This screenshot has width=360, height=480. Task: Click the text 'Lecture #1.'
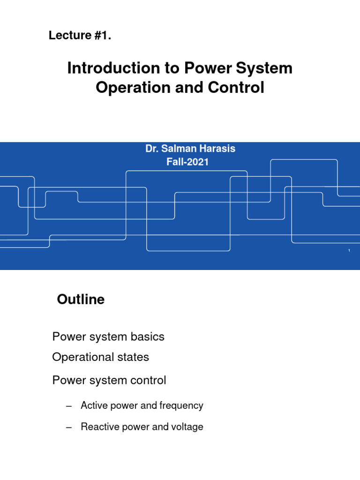pyautogui.click(x=80, y=36)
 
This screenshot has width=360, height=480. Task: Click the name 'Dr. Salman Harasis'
pyautogui.click(x=190, y=149)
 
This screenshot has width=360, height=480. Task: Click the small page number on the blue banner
pyautogui.click(x=349, y=251)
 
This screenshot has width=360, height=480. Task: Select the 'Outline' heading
pyautogui.click(x=81, y=300)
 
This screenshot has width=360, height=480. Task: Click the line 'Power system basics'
pyautogui.click(x=108, y=337)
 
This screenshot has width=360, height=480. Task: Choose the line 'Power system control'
pyautogui.click(x=109, y=380)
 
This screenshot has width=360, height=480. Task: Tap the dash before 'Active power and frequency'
pyautogui.click(x=69, y=406)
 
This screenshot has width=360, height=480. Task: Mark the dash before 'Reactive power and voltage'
pyautogui.click(x=69, y=427)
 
